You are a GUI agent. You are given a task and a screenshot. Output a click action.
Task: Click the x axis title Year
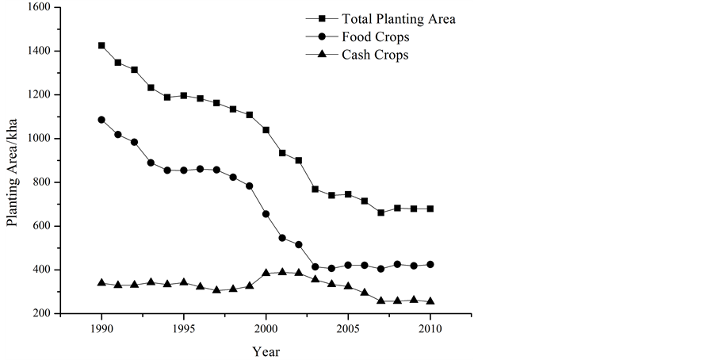tap(266, 350)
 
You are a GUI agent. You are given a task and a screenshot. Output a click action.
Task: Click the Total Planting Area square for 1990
tap(101, 45)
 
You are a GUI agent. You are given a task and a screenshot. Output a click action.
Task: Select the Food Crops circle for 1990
tap(101, 120)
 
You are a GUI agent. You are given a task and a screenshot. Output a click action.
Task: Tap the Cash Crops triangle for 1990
tap(101, 282)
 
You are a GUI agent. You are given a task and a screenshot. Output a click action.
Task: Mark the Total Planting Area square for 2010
tap(430, 209)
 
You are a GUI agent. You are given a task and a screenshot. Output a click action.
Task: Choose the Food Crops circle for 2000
tap(266, 214)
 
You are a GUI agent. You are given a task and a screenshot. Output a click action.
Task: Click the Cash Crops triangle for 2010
tap(430, 301)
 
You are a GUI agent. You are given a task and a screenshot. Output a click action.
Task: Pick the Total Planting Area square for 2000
tap(266, 129)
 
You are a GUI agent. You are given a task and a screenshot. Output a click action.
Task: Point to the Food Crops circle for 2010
tap(430, 264)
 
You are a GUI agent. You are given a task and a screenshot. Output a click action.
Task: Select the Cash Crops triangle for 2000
tap(266, 273)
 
